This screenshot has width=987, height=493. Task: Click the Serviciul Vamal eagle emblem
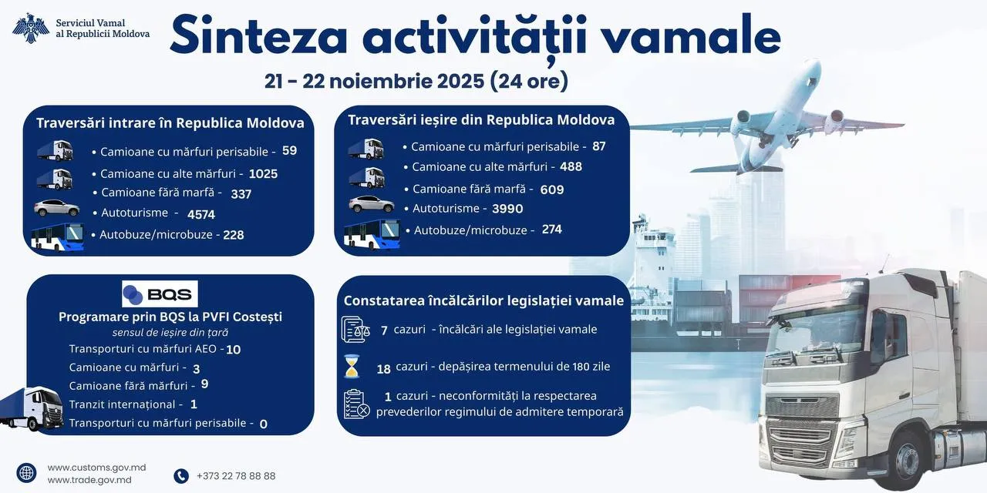30,29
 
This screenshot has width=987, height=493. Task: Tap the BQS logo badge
160,293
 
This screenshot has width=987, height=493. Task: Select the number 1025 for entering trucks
263,174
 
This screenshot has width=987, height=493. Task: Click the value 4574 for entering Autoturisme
201,214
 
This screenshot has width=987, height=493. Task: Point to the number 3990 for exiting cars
507,209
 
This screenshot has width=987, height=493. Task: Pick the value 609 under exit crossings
552,189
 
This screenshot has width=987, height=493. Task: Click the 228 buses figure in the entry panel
234,235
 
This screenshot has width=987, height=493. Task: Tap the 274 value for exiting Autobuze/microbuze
551,230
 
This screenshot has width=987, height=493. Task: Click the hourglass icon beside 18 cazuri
352,366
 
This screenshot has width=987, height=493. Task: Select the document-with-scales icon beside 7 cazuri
355,329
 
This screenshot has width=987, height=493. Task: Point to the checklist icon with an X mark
356,404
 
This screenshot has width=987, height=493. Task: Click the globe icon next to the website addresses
26,473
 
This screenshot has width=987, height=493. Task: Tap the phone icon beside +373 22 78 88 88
181,476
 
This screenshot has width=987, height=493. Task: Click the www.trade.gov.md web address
89,480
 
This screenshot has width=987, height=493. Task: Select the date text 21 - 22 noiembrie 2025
375,81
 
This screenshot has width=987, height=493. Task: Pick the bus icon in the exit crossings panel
372,234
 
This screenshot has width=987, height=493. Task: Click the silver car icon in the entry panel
57,208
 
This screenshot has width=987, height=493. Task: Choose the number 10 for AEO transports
234,350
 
